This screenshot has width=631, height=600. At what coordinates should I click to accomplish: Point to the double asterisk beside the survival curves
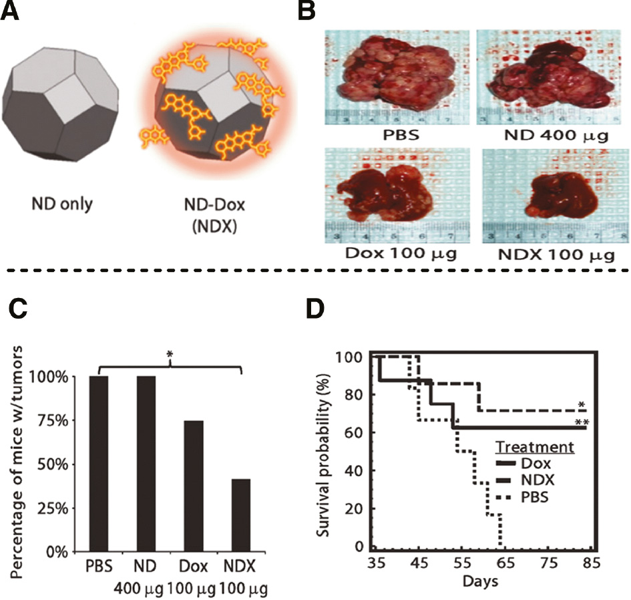click(582, 422)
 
